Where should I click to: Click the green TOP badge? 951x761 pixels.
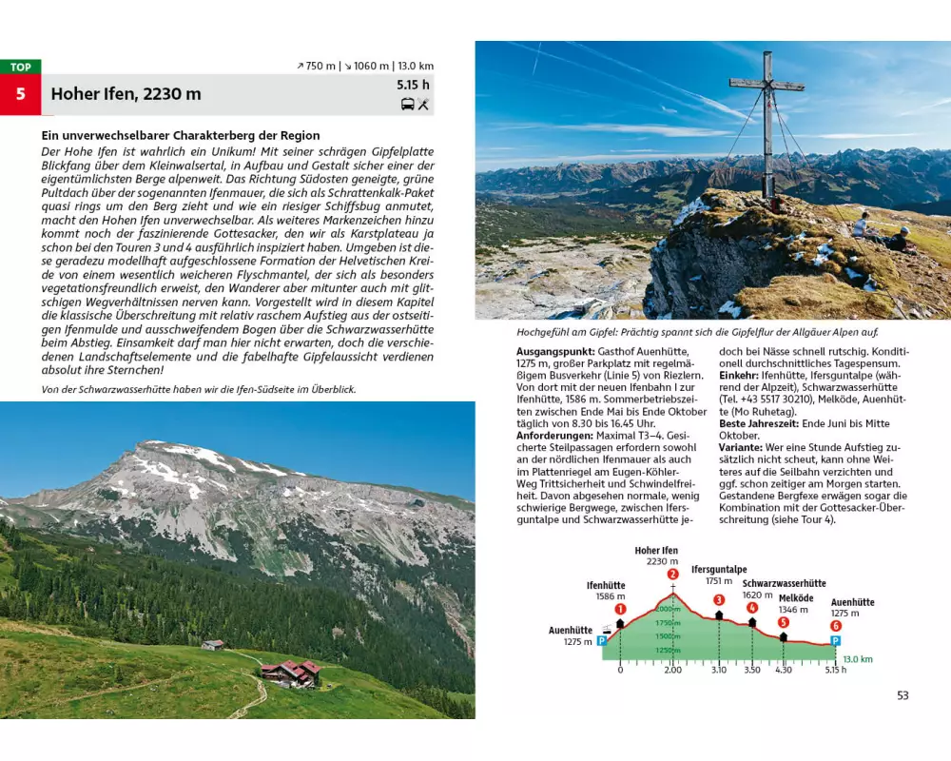point(21,67)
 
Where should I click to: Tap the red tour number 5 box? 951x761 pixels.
point(21,95)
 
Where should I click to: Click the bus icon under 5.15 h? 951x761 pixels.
point(407,104)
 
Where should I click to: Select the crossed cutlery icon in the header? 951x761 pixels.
point(423,104)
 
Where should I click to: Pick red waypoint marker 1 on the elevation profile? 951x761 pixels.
point(620,609)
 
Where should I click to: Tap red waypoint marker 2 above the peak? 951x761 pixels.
point(672,574)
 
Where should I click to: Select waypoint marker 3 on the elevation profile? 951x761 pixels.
point(719,599)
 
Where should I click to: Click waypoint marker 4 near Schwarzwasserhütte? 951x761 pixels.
point(752,608)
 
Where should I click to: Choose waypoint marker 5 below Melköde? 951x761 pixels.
point(783,622)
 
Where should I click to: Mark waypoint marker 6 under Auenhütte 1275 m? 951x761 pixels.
point(836,625)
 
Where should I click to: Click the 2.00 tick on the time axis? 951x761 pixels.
point(672,670)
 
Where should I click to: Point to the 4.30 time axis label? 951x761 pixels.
point(783,670)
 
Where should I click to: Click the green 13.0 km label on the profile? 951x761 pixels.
point(858,658)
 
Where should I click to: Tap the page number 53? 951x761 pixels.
point(902,695)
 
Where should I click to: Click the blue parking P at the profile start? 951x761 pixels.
point(601,641)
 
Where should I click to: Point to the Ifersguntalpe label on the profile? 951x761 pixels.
point(718,569)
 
